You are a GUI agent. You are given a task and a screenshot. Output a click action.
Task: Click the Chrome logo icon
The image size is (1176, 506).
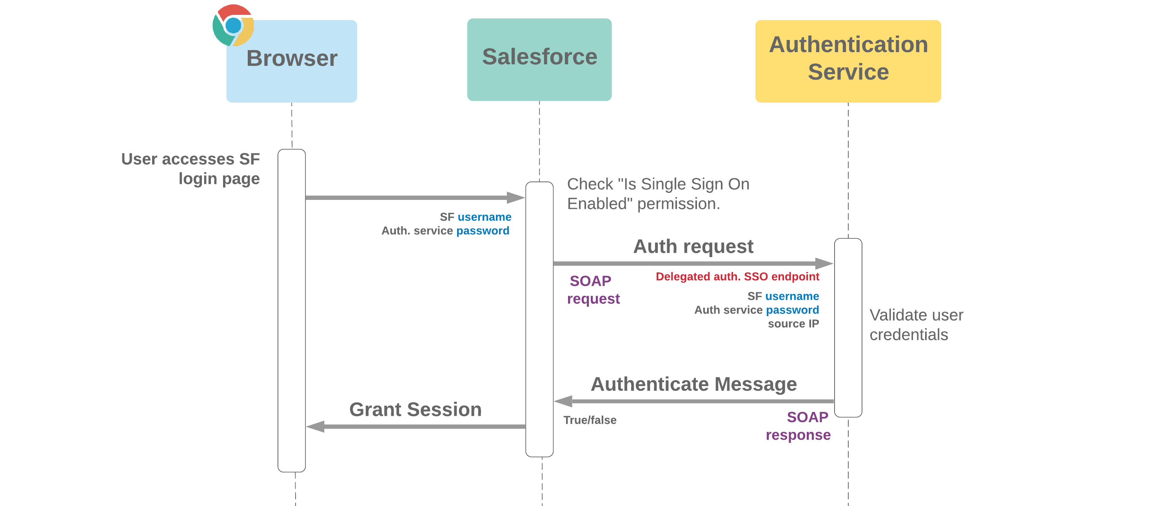(x=233, y=25)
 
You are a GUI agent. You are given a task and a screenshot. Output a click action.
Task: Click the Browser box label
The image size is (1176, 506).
(x=292, y=59)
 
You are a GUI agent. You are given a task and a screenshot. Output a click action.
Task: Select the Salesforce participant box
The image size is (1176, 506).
(x=539, y=59)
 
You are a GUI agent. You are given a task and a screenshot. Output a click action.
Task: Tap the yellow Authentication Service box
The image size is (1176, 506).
(x=848, y=61)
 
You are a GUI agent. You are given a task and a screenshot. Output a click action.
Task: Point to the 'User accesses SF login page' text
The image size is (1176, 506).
(x=191, y=169)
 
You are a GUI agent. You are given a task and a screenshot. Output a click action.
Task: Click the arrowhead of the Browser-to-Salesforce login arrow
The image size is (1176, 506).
(x=516, y=198)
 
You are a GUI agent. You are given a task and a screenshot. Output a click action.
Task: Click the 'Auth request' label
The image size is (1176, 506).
(x=693, y=247)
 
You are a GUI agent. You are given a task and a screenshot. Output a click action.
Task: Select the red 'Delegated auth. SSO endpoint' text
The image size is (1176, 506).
(x=737, y=276)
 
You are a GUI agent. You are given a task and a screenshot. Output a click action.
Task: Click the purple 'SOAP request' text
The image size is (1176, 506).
(x=593, y=289)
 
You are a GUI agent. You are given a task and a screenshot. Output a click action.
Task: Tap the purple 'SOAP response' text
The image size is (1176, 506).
(x=798, y=426)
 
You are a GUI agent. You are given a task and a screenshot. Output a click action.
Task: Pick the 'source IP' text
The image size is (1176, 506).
(x=793, y=323)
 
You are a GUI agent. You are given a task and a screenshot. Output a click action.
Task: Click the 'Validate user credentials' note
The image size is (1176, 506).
(x=915, y=325)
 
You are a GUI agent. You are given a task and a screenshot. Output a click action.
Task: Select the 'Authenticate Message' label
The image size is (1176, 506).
(x=693, y=384)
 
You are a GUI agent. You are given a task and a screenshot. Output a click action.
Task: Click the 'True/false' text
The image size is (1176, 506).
(x=589, y=420)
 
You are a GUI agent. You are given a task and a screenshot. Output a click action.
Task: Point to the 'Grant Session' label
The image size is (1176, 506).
(x=415, y=409)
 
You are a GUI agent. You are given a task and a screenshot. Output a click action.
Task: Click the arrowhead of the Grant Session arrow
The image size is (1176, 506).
(x=316, y=426)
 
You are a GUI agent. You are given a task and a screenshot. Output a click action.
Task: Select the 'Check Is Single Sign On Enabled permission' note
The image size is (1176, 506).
(x=657, y=194)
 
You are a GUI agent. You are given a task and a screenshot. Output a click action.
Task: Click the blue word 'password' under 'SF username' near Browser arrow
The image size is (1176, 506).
(x=483, y=231)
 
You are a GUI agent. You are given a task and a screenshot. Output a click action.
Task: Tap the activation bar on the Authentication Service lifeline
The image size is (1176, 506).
(x=848, y=327)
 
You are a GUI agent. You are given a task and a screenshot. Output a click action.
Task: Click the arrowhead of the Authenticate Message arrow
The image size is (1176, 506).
(x=563, y=401)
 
